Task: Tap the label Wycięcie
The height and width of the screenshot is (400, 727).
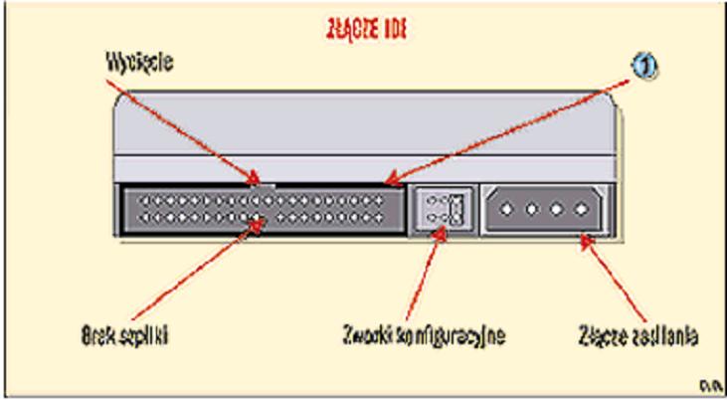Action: (140, 62)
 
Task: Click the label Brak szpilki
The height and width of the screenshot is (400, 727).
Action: (123, 335)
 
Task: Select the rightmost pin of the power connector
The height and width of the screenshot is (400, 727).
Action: (581, 210)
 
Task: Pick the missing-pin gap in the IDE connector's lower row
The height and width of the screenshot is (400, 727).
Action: (263, 215)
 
